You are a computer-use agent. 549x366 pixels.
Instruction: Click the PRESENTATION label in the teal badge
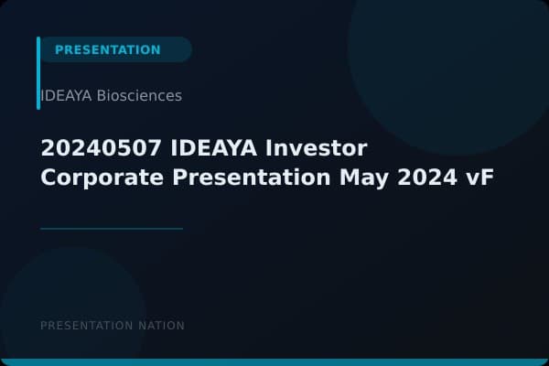click(x=108, y=49)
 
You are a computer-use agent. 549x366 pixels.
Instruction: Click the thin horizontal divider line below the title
click(x=112, y=228)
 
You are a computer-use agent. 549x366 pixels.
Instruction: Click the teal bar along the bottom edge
click(x=274, y=362)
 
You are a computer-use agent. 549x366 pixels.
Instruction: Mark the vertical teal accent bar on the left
click(x=38, y=73)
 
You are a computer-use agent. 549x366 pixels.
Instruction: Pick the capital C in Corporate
click(x=48, y=177)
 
